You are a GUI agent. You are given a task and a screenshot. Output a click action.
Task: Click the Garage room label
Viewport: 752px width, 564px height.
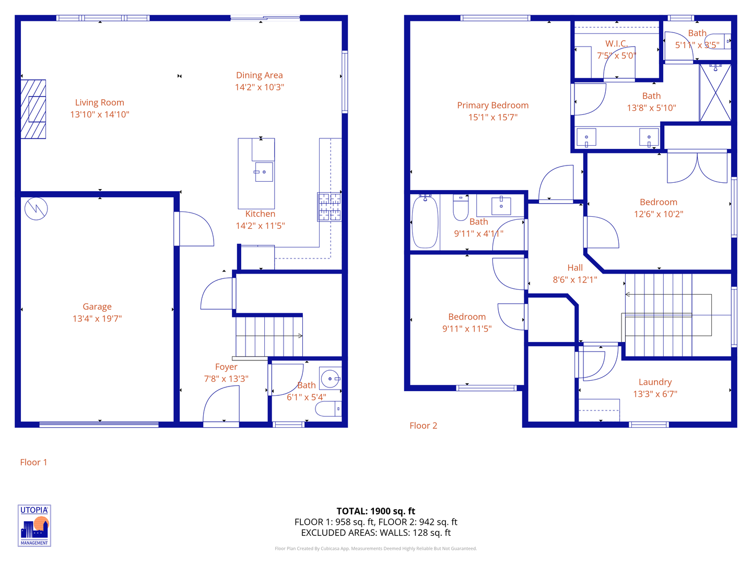97,307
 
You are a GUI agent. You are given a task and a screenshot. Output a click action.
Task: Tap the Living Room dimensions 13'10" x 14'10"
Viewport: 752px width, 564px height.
100,114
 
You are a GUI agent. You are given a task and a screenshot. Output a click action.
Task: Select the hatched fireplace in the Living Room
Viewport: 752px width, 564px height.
33,109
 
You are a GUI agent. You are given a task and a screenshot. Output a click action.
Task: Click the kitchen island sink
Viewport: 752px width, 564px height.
264,172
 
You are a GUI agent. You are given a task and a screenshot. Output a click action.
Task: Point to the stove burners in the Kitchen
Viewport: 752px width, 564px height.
329,207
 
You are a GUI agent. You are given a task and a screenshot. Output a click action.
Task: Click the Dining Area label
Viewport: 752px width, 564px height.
259,75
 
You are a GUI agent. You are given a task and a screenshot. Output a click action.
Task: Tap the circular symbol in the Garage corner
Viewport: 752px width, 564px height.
36,209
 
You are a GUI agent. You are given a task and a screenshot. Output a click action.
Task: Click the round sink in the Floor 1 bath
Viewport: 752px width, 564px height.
330,379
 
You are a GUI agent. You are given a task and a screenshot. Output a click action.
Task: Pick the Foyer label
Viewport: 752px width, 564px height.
226,367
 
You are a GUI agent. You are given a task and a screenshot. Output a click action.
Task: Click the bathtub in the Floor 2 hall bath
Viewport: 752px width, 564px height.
425,222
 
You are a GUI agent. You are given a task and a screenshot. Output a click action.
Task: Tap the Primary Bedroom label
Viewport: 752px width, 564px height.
492,105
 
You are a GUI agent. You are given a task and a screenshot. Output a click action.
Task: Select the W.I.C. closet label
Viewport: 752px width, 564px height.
616,43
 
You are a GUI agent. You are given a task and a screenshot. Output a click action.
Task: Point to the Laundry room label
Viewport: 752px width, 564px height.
655,382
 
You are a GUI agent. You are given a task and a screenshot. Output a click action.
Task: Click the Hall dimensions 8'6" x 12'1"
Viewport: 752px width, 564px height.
575,279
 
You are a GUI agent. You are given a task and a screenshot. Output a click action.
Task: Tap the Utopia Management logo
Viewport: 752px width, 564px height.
34,525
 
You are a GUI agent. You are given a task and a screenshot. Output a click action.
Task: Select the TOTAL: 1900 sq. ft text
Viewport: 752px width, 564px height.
375,511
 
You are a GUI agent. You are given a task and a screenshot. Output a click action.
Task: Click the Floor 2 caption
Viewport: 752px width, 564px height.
423,426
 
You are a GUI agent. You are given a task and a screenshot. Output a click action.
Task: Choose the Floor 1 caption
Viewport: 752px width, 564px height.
33,462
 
